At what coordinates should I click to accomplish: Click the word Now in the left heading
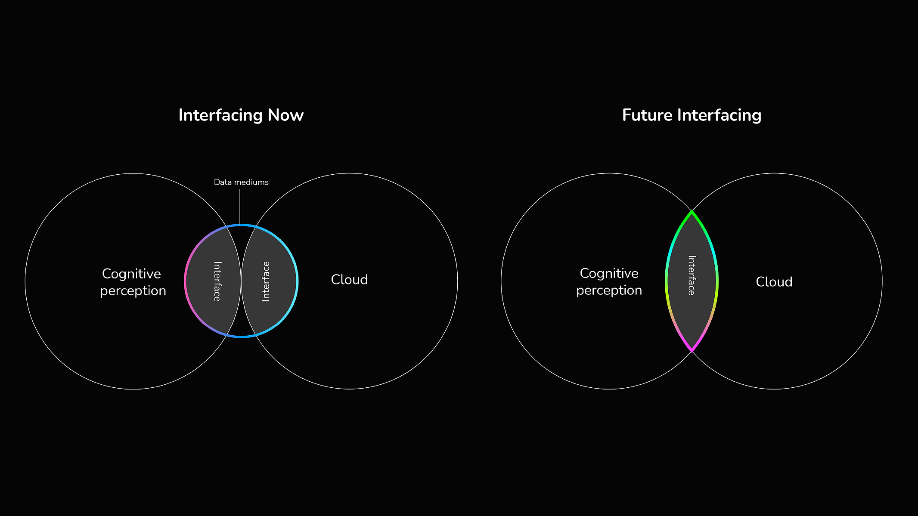(285, 115)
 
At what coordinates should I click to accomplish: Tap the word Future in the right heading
(648, 115)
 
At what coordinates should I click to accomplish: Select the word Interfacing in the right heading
(720, 116)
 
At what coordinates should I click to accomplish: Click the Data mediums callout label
(241, 182)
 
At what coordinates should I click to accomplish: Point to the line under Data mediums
(240, 207)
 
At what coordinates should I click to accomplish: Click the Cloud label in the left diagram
(349, 280)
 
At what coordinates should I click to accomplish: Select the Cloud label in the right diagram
(774, 282)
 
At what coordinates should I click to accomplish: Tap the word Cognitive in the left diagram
(131, 274)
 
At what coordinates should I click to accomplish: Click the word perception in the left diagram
(133, 291)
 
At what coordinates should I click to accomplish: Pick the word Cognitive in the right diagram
(609, 274)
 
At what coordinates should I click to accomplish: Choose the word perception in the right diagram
(609, 291)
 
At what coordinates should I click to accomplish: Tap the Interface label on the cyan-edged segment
(266, 281)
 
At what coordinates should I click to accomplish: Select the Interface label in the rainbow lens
(692, 275)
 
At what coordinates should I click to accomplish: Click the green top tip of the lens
(692, 212)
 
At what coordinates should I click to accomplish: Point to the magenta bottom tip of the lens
(692, 350)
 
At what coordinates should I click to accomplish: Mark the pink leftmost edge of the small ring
(186, 281)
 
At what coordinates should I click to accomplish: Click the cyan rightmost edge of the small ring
(297, 281)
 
